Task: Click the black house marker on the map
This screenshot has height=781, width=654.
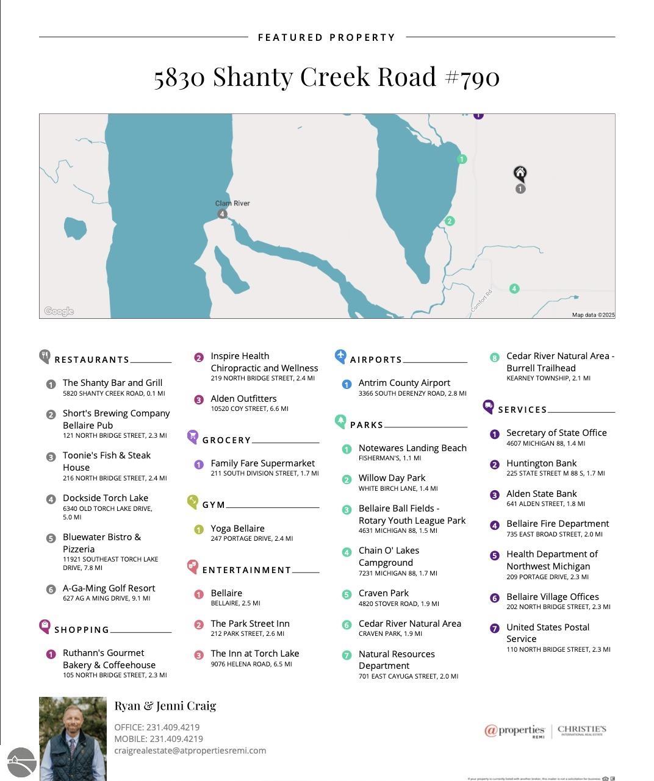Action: click(x=520, y=174)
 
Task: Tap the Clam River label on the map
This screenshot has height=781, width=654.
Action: click(x=232, y=203)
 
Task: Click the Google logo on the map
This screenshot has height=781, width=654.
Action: click(x=59, y=312)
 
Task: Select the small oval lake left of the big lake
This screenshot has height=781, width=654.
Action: click(x=75, y=228)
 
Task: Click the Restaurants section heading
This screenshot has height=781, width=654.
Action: click(x=92, y=360)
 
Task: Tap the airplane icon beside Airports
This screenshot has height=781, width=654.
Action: click(x=340, y=356)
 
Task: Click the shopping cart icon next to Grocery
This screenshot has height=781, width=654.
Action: click(x=193, y=436)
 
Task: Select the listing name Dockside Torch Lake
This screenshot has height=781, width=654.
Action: click(x=106, y=498)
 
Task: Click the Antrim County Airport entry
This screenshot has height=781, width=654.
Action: click(x=404, y=383)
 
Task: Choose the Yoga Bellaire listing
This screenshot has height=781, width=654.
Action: click(x=237, y=529)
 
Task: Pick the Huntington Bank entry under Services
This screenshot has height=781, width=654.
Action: click(x=541, y=463)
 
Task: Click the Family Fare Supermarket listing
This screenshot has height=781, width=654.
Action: click(x=262, y=463)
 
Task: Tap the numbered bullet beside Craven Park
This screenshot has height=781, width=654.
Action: click(x=347, y=594)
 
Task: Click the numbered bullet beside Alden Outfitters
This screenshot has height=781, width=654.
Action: click(x=199, y=400)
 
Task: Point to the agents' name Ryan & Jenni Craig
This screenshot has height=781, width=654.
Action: click(x=165, y=705)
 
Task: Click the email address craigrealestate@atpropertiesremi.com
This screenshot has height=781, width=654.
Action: click(x=190, y=751)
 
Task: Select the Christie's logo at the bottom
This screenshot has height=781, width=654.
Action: click(x=581, y=730)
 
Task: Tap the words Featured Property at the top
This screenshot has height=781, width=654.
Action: click(x=326, y=37)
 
